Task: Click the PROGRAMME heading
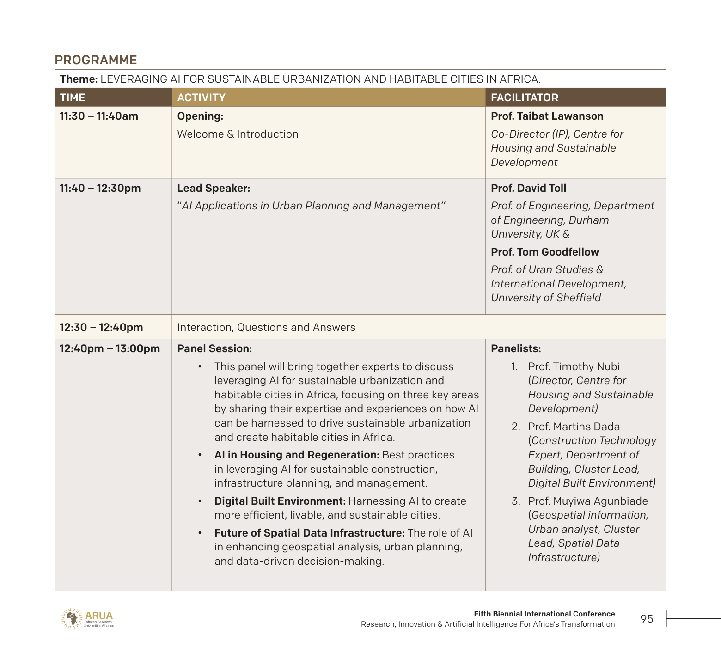[x=96, y=60]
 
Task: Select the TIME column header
[x=73, y=98]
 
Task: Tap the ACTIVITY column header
[x=201, y=98]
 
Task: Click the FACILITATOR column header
[x=524, y=98]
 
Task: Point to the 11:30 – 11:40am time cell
[x=99, y=116]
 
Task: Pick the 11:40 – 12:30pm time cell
[x=100, y=188]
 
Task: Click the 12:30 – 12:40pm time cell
[x=101, y=327]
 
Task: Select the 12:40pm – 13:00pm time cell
[x=110, y=348]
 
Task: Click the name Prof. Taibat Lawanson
[x=547, y=116]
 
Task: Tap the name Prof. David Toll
[x=528, y=188]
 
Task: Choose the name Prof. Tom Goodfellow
[x=544, y=252]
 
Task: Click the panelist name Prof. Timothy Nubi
[x=574, y=366]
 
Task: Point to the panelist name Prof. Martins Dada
[x=574, y=427]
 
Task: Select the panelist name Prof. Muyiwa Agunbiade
[x=587, y=501]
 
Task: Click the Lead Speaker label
[x=214, y=188]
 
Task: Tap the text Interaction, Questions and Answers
[x=266, y=327]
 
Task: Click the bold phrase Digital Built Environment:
[x=280, y=501]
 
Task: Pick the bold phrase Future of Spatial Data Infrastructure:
[x=309, y=533]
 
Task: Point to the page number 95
[x=647, y=619]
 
